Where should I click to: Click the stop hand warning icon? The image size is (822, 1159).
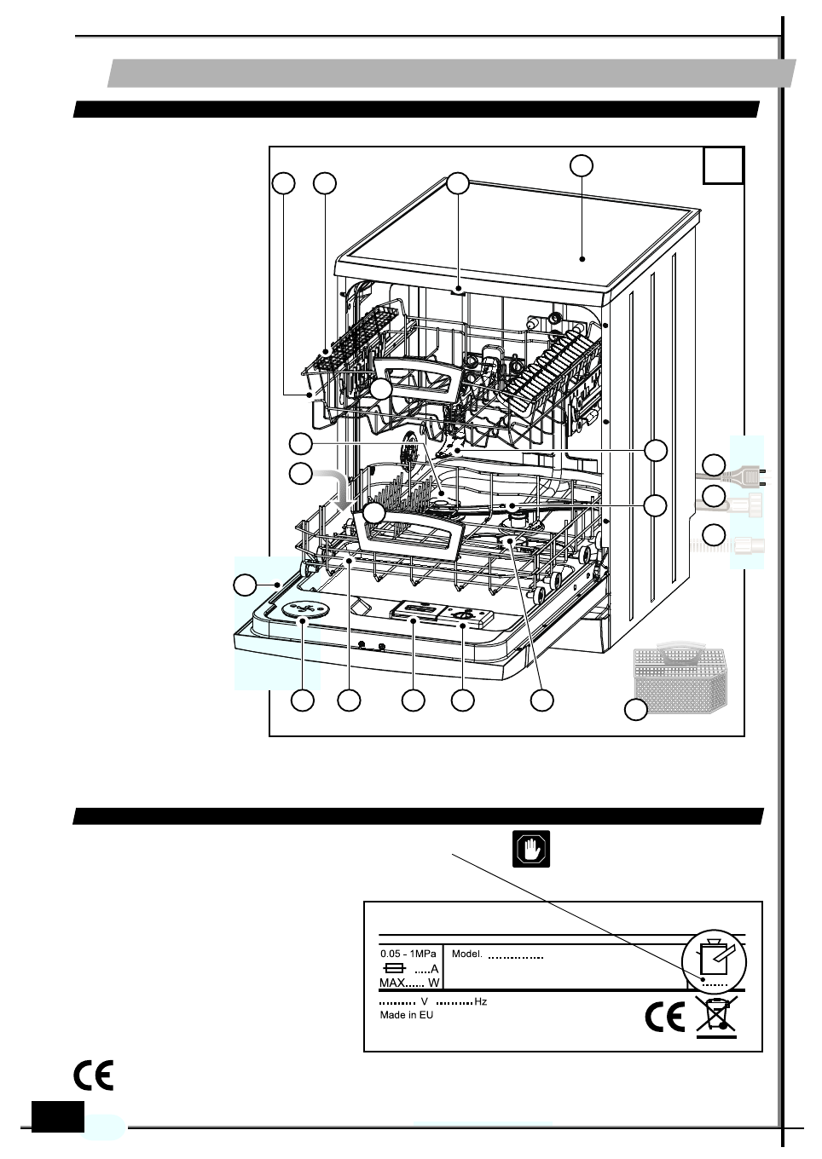531,850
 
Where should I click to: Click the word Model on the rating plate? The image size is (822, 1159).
466,954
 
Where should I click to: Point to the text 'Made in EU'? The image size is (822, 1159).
406,1015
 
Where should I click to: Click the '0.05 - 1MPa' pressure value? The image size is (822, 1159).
408,954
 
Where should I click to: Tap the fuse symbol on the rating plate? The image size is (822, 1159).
395,969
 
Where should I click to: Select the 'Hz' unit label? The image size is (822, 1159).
480,1001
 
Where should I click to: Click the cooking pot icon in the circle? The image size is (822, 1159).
714,958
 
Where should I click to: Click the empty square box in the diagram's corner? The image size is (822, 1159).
723,166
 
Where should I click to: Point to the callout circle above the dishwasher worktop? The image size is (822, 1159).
582,165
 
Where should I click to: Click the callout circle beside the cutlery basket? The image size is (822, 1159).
636,709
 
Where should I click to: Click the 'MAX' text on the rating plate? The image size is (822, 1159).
392,983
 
